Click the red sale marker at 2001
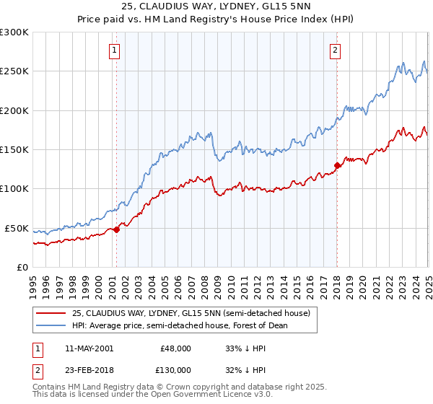point(116,229)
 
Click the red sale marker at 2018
point(337,165)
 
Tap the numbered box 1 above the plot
point(115,50)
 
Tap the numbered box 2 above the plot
point(336,50)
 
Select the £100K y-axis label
point(14,189)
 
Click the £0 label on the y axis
point(22,267)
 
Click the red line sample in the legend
point(51,313)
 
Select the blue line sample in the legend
point(51,325)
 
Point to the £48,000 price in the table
point(176,348)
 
